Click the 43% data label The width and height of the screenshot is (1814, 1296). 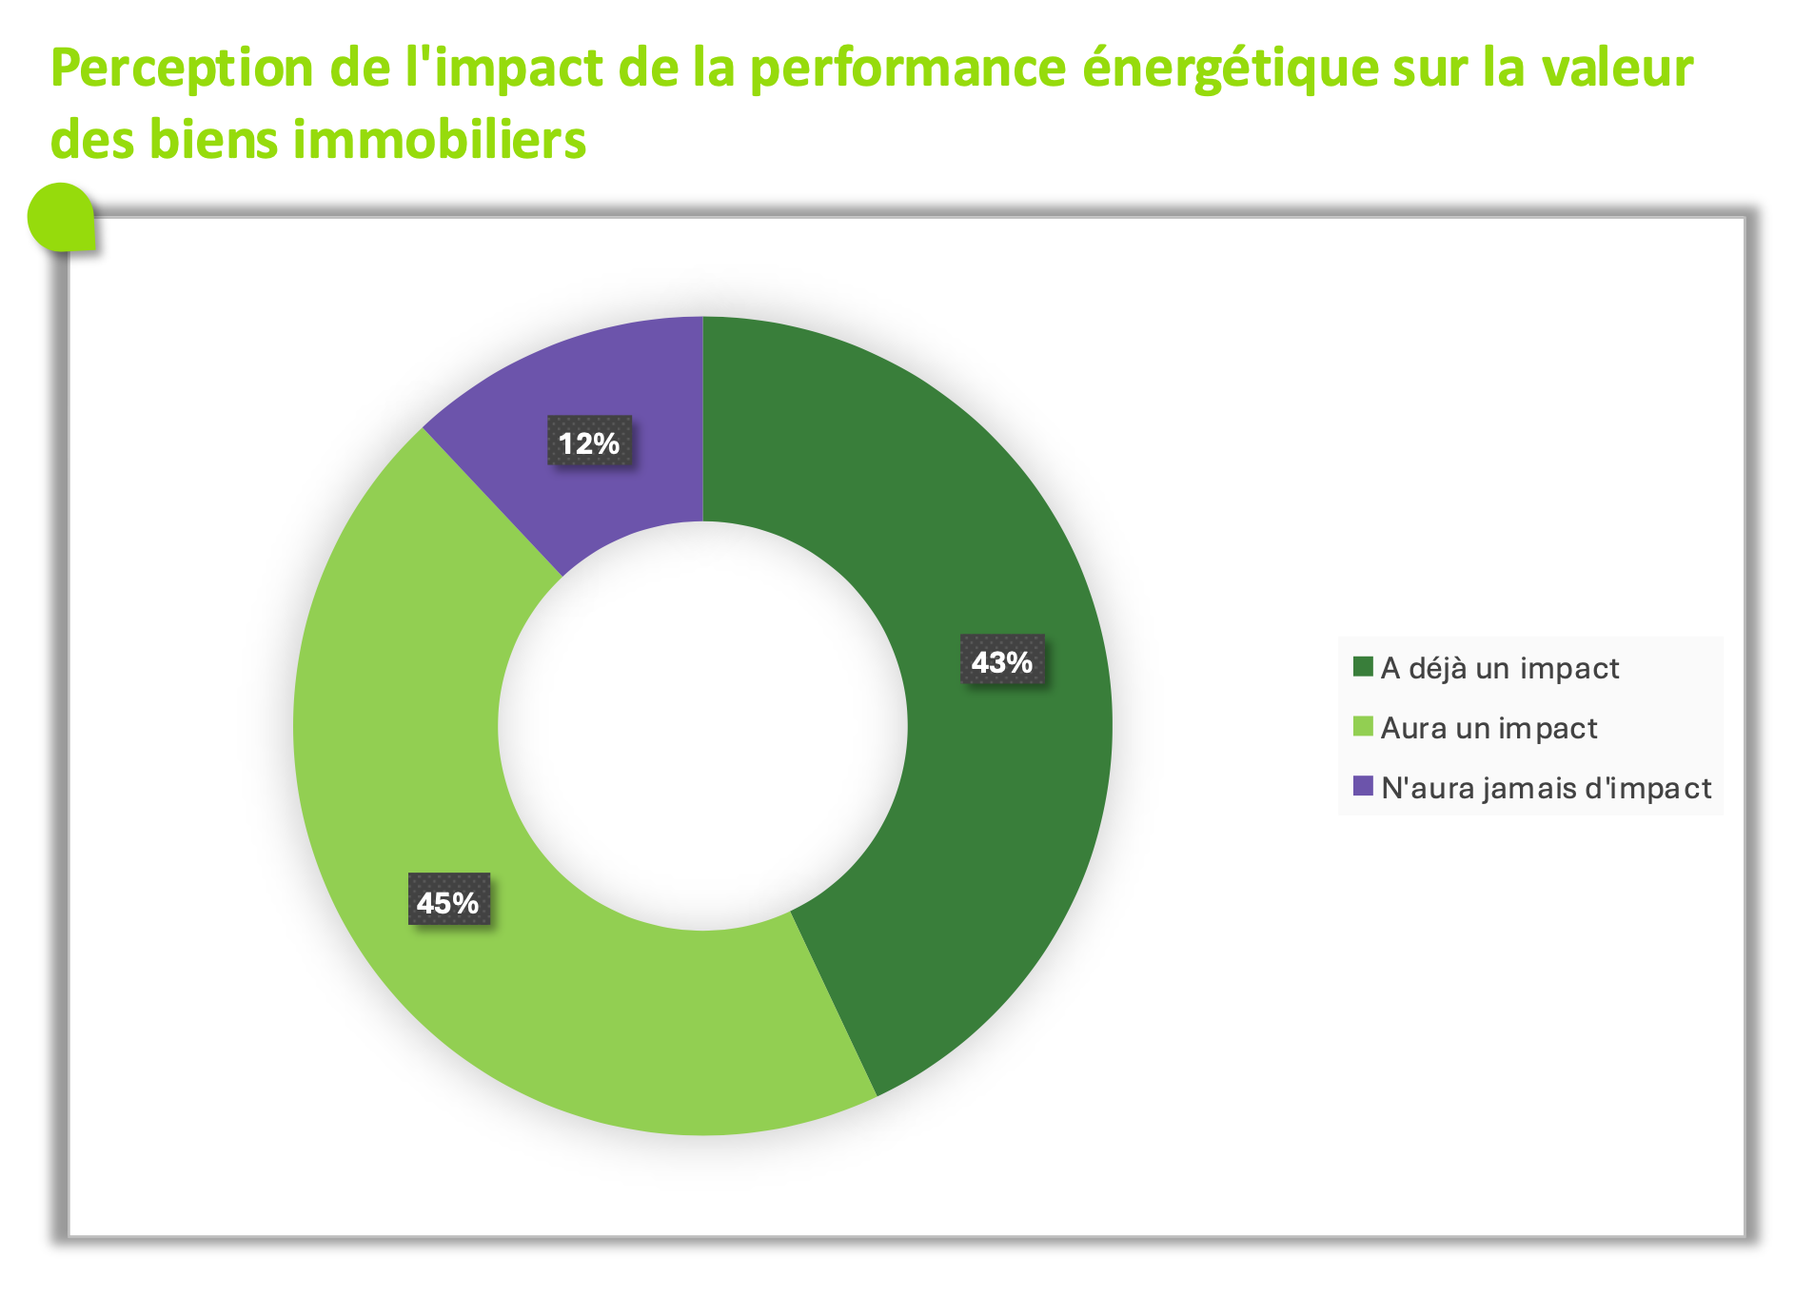coord(1002,660)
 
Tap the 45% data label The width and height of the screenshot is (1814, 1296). coord(448,900)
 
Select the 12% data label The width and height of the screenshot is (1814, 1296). coord(588,442)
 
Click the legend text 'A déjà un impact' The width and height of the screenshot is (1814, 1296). coord(1499,668)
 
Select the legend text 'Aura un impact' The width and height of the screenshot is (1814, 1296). coord(1489,728)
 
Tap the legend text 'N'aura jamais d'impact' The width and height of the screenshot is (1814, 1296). coord(1546,788)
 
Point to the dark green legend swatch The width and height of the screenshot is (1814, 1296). coord(1363,667)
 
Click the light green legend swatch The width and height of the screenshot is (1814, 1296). coord(1363,727)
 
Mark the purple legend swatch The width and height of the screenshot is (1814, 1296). coord(1363,787)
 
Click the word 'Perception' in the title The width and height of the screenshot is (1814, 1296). coord(182,69)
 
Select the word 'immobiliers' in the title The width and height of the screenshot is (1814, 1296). coord(439,140)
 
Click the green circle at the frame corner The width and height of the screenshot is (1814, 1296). coord(62,217)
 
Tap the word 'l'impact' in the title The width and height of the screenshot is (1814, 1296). coord(503,69)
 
